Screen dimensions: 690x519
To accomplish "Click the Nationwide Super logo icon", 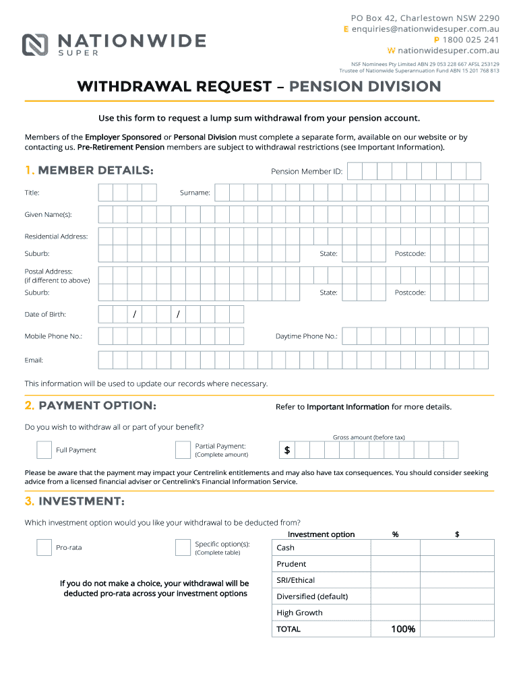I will (x=36, y=44).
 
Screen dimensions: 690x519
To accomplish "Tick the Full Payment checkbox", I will (x=44, y=450).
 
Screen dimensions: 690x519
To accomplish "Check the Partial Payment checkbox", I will (x=183, y=450).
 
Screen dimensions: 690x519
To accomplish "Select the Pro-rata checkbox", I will (x=44, y=547).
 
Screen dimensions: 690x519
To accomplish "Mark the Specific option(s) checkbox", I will (x=183, y=547).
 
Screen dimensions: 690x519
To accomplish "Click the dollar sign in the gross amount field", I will (x=287, y=450).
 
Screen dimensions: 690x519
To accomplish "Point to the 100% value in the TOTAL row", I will (x=403, y=629).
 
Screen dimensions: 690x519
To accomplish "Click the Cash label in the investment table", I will (x=285, y=548).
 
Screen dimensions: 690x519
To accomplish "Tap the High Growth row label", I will (x=299, y=613).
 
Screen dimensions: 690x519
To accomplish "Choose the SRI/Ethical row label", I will (x=295, y=580).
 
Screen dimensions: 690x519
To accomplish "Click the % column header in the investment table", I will (x=395, y=534).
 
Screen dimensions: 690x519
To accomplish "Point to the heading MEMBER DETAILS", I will (x=96, y=170).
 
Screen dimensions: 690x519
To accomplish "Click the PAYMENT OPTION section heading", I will (x=97, y=406).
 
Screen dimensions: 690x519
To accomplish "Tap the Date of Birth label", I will (x=45, y=315).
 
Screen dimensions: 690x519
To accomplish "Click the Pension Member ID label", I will (x=307, y=172).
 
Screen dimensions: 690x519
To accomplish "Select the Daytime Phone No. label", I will (x=307, y=336).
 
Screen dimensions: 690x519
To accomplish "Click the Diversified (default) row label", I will (x=312, y=596).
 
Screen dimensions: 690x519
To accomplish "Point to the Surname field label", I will (x=195, y=193).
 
